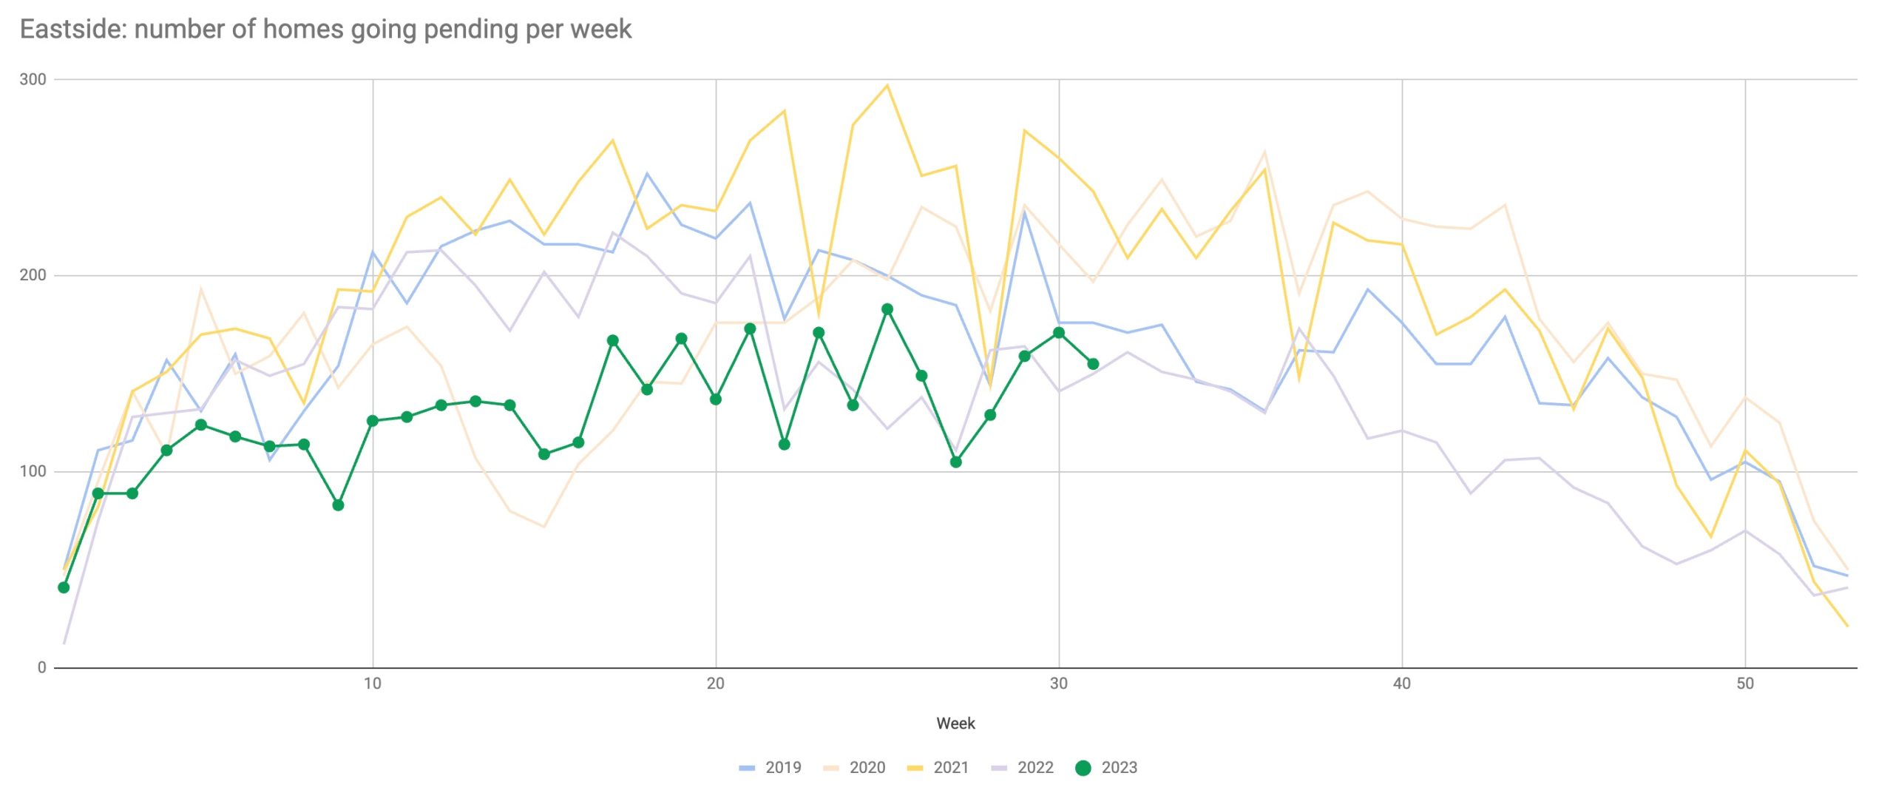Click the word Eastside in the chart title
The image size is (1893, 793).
point(72,30)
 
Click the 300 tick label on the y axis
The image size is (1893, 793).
point(33,80)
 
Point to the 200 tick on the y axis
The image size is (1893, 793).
point(33,275)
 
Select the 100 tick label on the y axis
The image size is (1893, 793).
point(33,471)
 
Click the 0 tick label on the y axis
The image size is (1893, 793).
point(41,667)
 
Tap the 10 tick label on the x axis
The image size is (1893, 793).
point(373,684)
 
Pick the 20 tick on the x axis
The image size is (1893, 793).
point(715,684)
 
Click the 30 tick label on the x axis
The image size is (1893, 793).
point(1059,684)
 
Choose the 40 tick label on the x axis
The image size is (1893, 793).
point(1401,684)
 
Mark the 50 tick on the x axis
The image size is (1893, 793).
point(1744,684)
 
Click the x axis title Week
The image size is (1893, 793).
point(955,723)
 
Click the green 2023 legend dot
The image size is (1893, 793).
point(1083,768)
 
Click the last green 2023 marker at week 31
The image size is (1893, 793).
point(1093,364)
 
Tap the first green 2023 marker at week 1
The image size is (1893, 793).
point(64,587)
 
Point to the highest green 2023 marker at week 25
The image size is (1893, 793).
point(887,309)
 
